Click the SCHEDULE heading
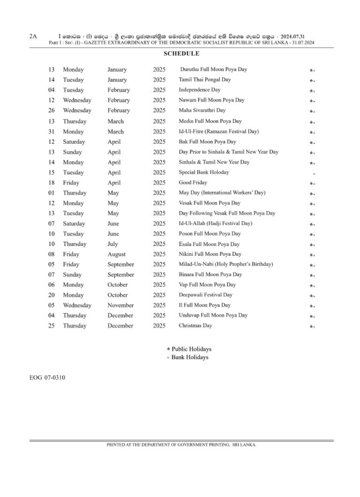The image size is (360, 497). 181,54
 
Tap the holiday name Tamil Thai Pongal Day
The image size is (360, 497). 205,80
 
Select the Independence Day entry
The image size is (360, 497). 200,89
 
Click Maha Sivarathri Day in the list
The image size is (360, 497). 202,110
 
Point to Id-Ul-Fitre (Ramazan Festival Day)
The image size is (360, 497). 218,131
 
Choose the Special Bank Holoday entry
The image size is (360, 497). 204,172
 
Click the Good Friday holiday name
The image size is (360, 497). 193,182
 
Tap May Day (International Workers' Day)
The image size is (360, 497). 222,193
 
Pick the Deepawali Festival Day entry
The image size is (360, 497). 205,295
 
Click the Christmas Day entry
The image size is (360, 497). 195,326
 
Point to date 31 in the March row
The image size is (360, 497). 52,132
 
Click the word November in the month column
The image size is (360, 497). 121,305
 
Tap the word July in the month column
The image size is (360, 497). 112,244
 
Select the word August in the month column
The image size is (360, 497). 116,254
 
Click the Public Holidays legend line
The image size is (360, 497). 189,349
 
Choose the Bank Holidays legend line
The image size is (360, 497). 188,357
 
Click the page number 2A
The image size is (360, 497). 33,36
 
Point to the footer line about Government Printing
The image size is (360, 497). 181,445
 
